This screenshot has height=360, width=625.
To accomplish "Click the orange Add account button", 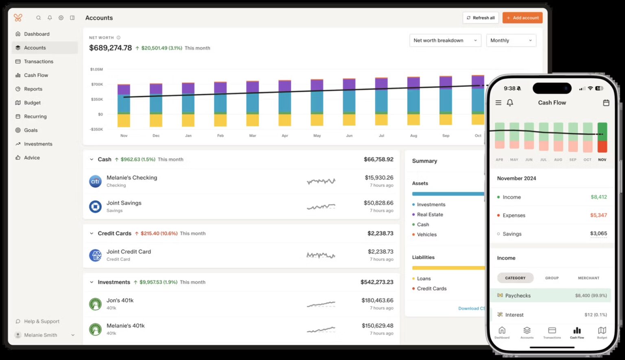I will pyautogui.click(x=522, y=18).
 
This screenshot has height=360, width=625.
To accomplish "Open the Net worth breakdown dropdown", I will pyautogui.click(x=445, y=40).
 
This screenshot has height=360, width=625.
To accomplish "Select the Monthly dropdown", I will pyautogui.click(x=511, y=40).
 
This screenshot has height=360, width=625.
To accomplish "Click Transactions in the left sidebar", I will pyautogui.click(x=38, y=61).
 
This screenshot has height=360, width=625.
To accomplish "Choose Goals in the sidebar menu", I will pyautogui.click(x=31, y=130).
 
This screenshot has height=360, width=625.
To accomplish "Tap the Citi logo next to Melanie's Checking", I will pyautogui.click(x=95, y=181).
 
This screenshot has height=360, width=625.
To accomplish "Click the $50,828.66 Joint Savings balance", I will pyautogui.click(x=378, y=203).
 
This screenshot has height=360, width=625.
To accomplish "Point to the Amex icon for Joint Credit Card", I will pyautogui.click(x=95, y=255).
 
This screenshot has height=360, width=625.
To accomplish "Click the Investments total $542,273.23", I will pyautogui.click(x=376, y=282).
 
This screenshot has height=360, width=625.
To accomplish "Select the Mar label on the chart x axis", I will pyautogui.click(x=253, y=135).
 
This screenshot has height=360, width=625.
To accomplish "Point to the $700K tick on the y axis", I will pyautogui.click(x=97, y=84).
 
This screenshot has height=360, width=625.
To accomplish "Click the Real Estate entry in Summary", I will pyautogui.click(x=430, y=214).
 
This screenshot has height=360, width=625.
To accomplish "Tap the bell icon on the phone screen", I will pyautogui.click(x=510, y=103).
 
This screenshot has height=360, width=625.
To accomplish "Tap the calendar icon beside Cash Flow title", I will pyautogui.click(x=606, y=103).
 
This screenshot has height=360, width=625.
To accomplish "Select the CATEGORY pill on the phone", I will pyautogui.click(x=515, y=278).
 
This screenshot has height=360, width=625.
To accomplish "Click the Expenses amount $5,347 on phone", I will pyautogui.click(x=598, y=215).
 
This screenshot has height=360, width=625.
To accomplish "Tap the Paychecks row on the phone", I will pyautogui.click(x=551, y=296).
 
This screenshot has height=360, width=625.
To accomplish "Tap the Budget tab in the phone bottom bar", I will pyautogui.click(x=602, y=332).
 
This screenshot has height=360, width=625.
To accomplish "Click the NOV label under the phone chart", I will pyautogui.click(x=602, y=160).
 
